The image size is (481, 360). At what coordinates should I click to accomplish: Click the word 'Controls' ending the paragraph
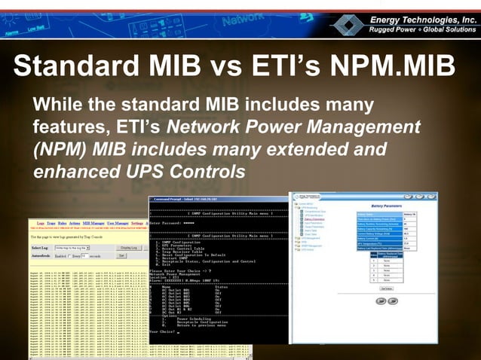click(203, 171)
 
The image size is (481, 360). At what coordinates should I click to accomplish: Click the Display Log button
click(127, 247)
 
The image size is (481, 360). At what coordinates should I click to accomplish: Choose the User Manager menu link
click(117, 224)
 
